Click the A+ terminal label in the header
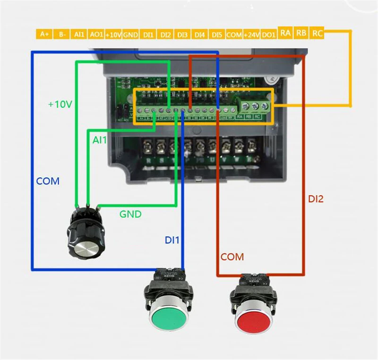[44, 35]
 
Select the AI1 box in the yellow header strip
[78, 35]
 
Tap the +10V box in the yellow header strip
[113, 35]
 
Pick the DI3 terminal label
[182, 35]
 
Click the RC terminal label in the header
[318, 33]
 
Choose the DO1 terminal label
[268, 35]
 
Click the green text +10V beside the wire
[60, 104]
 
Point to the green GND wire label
[130, 214]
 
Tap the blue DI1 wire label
[172, 240]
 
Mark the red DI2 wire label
[316, 199]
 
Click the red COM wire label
[232, 257]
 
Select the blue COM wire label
[48, 181]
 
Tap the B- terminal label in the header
[61, 35]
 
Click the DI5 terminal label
[217, 35]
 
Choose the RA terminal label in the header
[285, 33]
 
